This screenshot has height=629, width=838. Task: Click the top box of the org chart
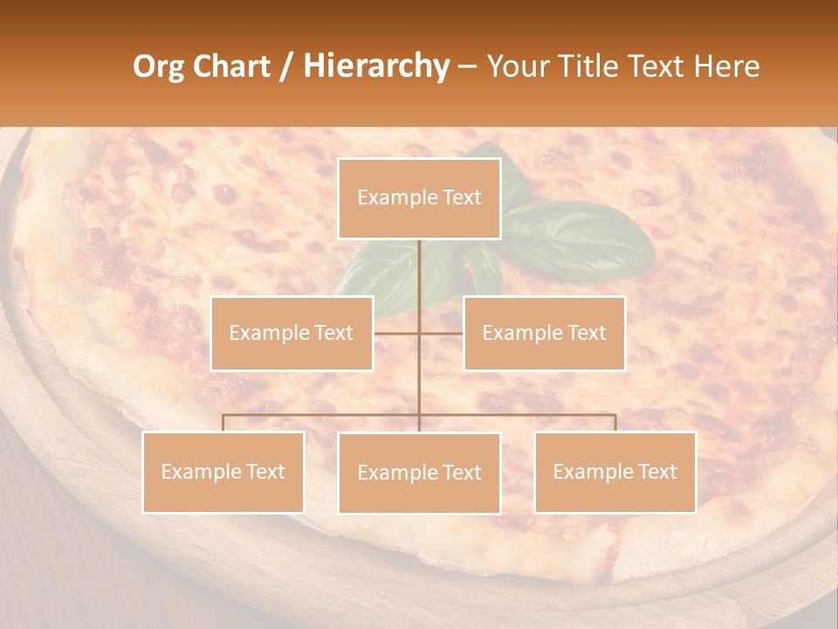click(419, 198)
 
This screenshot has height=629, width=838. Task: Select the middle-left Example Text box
click(292, 333)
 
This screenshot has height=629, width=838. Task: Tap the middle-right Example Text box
click(544, 333)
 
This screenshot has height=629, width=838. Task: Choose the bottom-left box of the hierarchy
click(223, 472)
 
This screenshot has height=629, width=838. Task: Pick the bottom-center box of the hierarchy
click(419, 473)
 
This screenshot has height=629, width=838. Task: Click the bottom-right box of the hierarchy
click(615, 472)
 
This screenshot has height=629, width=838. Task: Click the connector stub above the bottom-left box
click(223, 423)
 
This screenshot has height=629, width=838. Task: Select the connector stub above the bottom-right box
click(615, 423)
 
